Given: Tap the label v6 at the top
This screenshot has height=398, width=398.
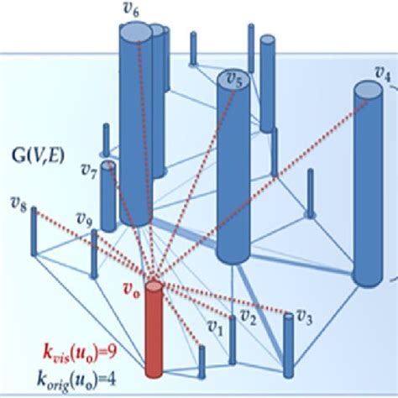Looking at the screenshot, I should [131, 12].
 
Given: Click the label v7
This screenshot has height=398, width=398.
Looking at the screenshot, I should [89, 171].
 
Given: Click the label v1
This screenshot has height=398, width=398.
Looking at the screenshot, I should [214, 323].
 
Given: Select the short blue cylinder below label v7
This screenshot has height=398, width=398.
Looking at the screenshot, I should [108, 197].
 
